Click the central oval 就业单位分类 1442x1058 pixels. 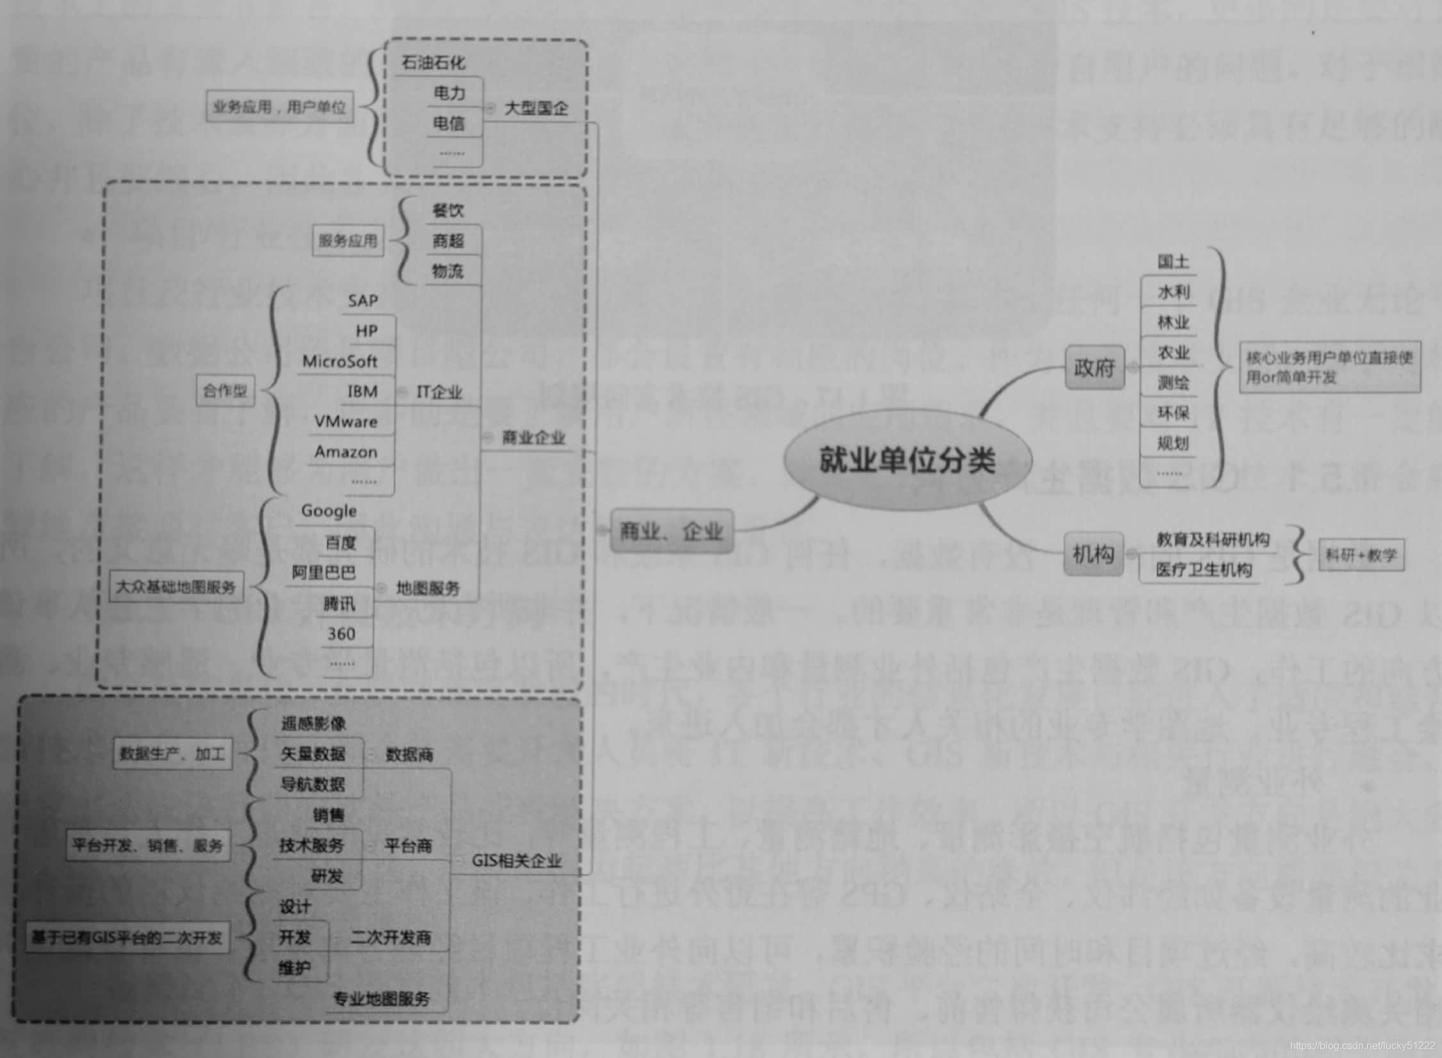click(907, 460)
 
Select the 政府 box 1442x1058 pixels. click(1094, 368)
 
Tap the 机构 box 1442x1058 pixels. click(1093, 553)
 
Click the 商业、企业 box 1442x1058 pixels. click(671, 530)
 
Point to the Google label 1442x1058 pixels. click(328, 510)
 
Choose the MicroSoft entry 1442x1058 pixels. click(339, 361)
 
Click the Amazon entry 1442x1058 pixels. click(346, 452)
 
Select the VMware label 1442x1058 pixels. click(346, 421)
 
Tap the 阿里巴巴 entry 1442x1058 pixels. click(323, 572)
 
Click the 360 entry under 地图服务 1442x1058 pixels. click(341, 634)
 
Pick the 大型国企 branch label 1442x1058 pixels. click(536, 108)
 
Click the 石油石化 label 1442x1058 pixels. click(433, 62)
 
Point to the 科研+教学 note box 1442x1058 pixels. click(1361, 555)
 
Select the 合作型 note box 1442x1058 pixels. click(225, 391)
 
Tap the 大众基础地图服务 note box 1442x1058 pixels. click(175, 587)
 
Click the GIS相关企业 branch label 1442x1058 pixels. click(516, 861)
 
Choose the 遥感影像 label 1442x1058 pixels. click(313, 724)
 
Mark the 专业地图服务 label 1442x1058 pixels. click(382, 998)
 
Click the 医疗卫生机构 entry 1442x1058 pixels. click(1203, 569)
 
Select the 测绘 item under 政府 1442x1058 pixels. click(1173, 383)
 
